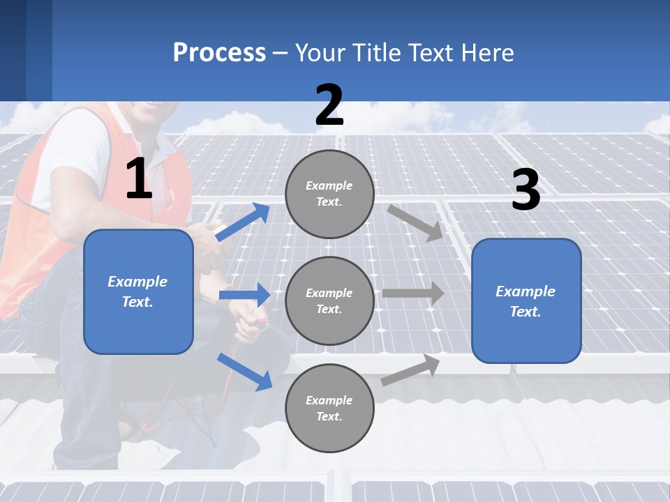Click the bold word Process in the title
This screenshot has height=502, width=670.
pyautogui.click(x=219, y=52)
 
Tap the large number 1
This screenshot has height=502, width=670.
pyautogui.click(x=139, y=179)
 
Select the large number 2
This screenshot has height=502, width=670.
pyautogui.click(x=329, y=105)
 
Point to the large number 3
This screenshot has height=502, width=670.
pyautogui.click(x=526, y=190)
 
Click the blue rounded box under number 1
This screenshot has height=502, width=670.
pyautogui.click(x=138, y=291)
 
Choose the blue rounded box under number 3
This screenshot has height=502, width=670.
pyautogui.click(x=526, y=301)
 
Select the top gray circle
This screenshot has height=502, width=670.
pyautogui.click(x=329, y=194)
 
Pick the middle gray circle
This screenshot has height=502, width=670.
pyautogui.click(x=329, y=301)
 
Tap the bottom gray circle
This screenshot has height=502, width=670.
pyautogui.click(x=329, y=408)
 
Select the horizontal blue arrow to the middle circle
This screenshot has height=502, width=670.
pyautogui.click(x=244, y=295)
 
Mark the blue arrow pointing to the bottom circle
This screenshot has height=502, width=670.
pyautogui.click(x=244, y=372)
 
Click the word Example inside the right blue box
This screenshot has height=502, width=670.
pyautogui.click(x=526, y=291)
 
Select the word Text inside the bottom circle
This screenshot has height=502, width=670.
pyautogui.click(x=328, y=416)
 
